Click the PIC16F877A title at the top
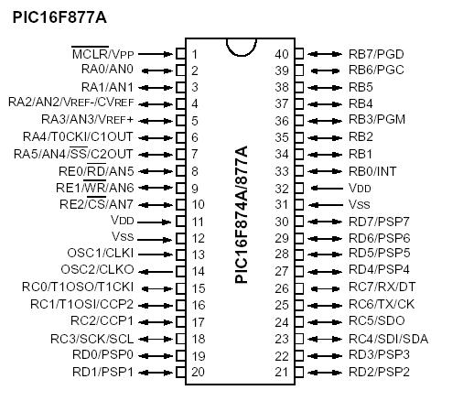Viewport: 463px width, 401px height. (59, 17)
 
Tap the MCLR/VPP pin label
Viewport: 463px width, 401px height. (102, 54)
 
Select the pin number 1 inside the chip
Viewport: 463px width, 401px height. (194, 54)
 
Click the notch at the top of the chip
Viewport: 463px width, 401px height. (241, 48)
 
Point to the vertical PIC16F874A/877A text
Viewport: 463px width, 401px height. (241, 215)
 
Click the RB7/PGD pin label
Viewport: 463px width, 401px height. (376, 54)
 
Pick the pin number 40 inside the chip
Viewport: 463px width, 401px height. (281, 54)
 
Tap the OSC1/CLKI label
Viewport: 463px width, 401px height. (101, 254)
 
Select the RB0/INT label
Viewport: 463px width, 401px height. (372, 171)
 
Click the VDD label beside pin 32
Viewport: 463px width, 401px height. (360, 188)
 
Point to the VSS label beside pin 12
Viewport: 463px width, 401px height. (123, 236)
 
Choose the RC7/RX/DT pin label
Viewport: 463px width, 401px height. (382, 287)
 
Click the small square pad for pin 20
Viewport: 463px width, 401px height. (180, 372)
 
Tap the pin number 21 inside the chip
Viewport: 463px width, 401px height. (281, 372)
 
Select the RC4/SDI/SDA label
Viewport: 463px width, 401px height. (389, 339)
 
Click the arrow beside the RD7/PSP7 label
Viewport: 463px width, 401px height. (325, 222)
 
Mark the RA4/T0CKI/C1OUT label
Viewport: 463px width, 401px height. (78, 136)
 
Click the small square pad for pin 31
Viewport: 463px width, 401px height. (299, 204)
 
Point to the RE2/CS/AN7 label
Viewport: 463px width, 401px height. (97, 203)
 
